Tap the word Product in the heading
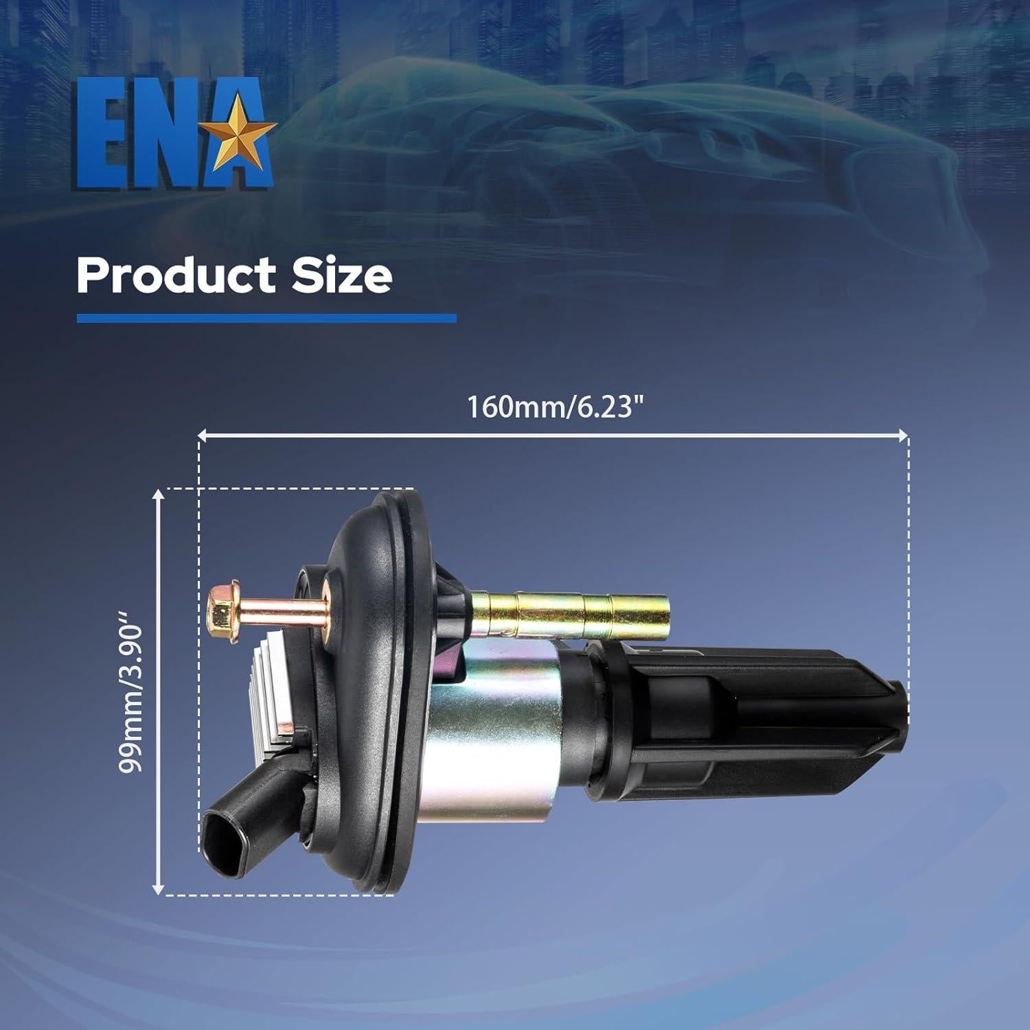tap(175, 275)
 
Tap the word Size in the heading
tap(342, 275)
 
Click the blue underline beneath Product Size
tap(266, 318)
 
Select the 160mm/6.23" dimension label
tap(556, 407)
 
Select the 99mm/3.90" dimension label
tap(130, 698)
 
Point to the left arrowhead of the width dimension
tap(202, 435)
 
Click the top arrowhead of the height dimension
tap(159, 494)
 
